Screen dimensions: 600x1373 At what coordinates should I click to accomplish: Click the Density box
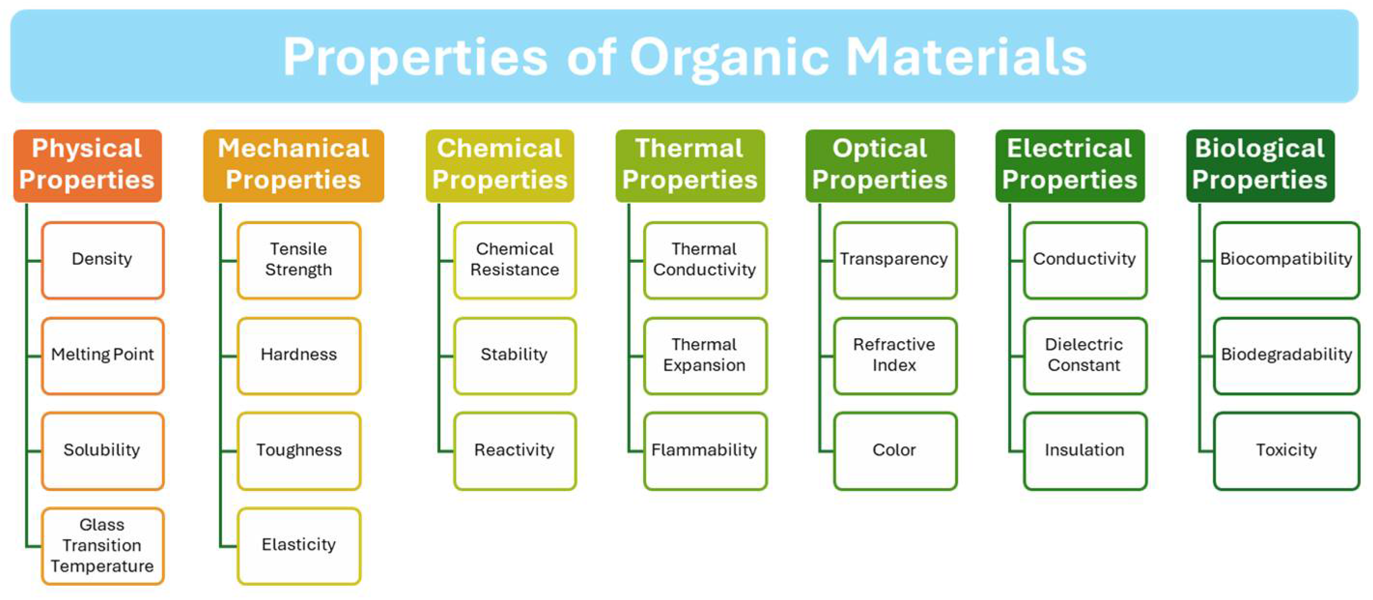[x=102, y=260]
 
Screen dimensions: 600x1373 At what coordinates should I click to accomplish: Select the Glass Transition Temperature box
[x=102, y=545]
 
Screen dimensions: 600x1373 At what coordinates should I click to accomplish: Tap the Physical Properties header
[x=87, y=165]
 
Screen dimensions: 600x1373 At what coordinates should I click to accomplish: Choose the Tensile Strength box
[x=298, y=260]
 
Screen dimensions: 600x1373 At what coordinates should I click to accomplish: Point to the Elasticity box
[x=298, y=545]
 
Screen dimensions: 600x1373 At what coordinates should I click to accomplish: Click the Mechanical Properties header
[x=293, y=165]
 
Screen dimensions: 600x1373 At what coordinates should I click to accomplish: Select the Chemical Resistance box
[x=514, y=260]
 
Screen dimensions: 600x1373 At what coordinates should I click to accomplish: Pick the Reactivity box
[x=514, y=451]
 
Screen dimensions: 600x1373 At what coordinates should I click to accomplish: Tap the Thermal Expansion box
[x=705, y=355]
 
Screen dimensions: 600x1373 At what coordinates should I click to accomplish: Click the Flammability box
[x=705, y=451]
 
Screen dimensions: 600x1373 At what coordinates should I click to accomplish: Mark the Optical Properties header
[x=880, y=165]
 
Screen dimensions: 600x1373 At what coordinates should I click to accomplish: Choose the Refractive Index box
[x=895, y=355]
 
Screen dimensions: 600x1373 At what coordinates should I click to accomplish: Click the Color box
[x=895, y=451]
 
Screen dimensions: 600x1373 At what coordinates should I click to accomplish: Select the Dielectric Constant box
[x=1085, y=355]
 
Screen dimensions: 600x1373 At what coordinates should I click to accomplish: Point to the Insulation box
[x=1085, y=451]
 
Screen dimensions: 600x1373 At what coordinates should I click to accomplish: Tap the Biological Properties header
[x=1260, y=165]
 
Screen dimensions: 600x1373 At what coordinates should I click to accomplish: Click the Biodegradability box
[x=1286, y=355]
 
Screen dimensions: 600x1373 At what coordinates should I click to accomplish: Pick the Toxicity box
[x=1286, y=451]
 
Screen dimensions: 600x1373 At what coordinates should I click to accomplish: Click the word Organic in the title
[x=729, y=57]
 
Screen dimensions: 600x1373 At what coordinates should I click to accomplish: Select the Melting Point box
[x=102, y=355]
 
